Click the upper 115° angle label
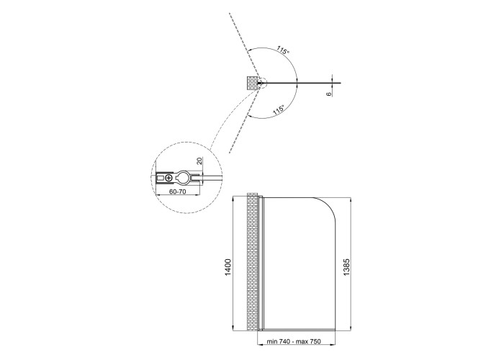(x=283, y=50)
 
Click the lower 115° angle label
(x=279, y=110)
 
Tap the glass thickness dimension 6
(x=328, y=94)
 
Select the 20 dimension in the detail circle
(x=199, y=161)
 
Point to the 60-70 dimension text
(x=177, y=192)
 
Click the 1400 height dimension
(x=228, y=267)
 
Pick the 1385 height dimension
(x=346, y=267)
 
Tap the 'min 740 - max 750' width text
(x=294, y=341)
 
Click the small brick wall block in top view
(x=252, y=83)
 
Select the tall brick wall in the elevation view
(x=252, y=261)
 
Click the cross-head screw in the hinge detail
(x=168, y=177)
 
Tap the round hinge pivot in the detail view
(x=184, y=177)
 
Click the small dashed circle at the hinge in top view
(x=262, y=84)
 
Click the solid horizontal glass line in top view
(x=302, y=84)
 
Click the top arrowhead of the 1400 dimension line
(x=233, y=199)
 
